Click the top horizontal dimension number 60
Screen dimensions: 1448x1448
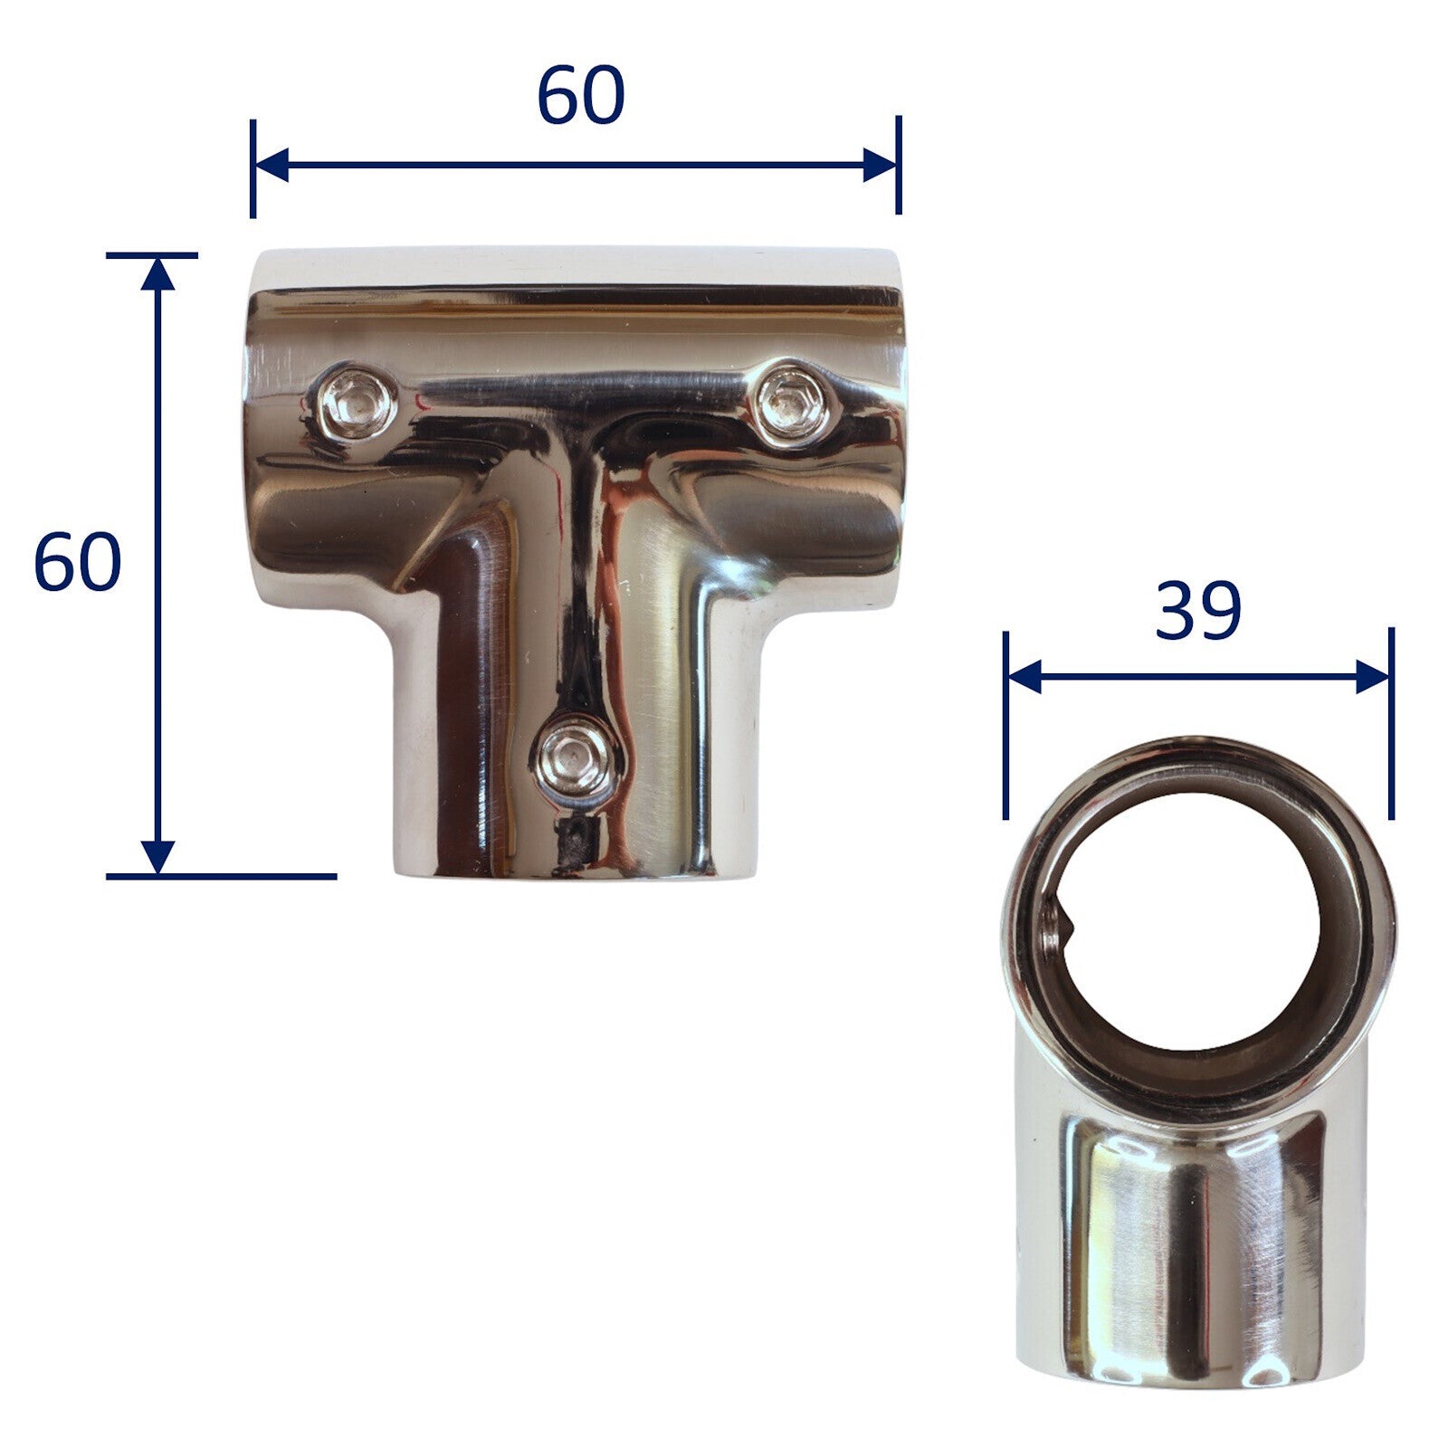click(580, 96)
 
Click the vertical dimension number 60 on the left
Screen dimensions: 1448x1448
click(77, 562)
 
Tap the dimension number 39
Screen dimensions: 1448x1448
click(1197, 613)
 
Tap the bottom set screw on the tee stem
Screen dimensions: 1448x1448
click(576, 758)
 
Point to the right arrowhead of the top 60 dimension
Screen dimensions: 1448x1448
click(879, 166)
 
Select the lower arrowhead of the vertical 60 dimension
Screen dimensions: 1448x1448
click(158, 856)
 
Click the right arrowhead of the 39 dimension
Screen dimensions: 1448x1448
click(1372, 676)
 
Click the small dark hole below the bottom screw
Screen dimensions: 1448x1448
click(572, 842)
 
